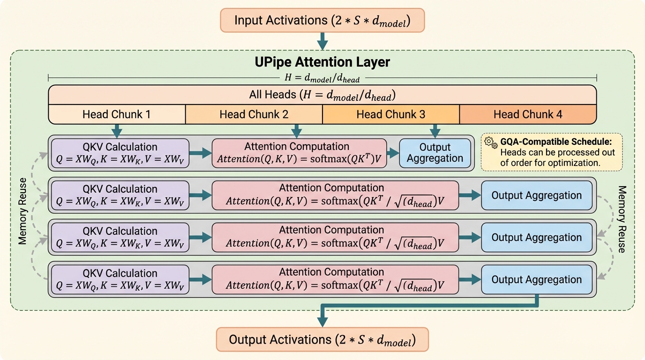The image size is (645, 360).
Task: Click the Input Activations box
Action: [322, 21]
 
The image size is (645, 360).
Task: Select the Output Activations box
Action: [322, 339]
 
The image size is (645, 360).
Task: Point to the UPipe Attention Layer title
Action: [322, 62]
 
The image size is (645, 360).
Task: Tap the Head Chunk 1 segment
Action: [117, 114]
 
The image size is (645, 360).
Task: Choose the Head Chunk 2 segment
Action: [254, 114]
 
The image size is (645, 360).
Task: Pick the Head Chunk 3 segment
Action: [390, 114]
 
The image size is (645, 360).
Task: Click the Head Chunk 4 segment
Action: [527, 114]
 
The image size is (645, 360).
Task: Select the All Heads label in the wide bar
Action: [322, 95]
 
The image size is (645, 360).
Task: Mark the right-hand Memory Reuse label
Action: [622, 219]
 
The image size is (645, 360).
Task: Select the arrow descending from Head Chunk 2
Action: [296, 130]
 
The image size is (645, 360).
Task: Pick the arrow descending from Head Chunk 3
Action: [435, 130]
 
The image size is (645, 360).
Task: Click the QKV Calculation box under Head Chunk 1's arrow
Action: [120, 153]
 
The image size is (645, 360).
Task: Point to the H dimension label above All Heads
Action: [322, 79]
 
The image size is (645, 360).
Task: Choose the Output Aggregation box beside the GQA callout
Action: [435, 153]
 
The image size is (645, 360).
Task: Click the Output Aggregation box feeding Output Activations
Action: [536, 279]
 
